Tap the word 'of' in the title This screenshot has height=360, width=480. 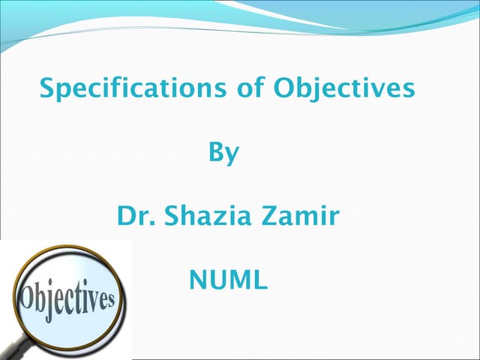pos(247,89)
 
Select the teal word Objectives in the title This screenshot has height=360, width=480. pos(343,89)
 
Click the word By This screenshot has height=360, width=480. pos(223,154)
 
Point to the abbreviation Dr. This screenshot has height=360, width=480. pos(130,217)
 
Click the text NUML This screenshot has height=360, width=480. pos(228,280)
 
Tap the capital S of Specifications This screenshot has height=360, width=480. pos(47,88)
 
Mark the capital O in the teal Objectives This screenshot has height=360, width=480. pos(284,88)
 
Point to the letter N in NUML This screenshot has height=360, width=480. pos(198,280)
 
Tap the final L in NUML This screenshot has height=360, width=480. pos(259,280)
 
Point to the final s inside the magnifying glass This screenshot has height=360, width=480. pos(109,300)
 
